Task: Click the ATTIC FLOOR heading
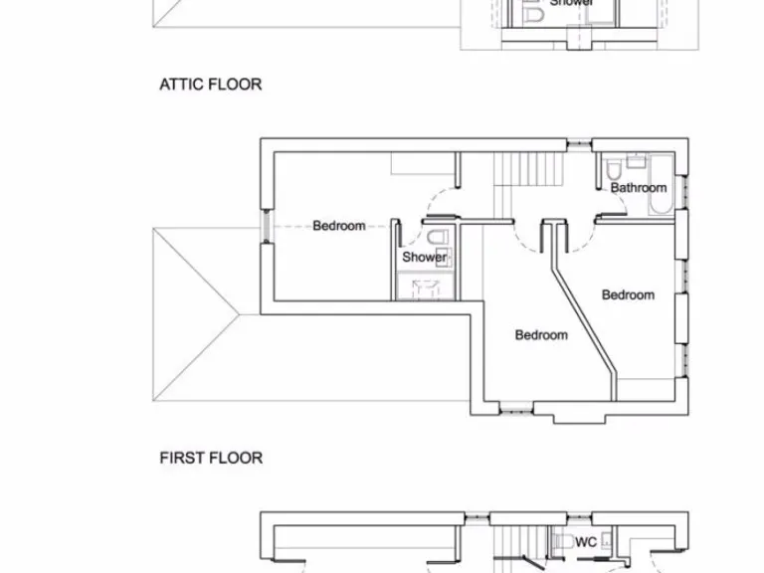point(211,85)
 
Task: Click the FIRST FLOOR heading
point(211,458)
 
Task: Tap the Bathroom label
point(638,187)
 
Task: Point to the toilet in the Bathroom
point(615,165)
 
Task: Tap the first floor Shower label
point(424,257)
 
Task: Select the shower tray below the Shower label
point(425,287)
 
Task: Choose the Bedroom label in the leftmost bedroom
point(338,226)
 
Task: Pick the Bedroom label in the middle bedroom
point(541,335)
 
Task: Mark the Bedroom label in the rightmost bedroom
point(628,294)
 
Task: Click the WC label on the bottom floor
point(586,542)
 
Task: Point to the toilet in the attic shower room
point(533,14)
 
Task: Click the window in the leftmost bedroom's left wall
point(266,225)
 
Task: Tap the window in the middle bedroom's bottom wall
point(516,404)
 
